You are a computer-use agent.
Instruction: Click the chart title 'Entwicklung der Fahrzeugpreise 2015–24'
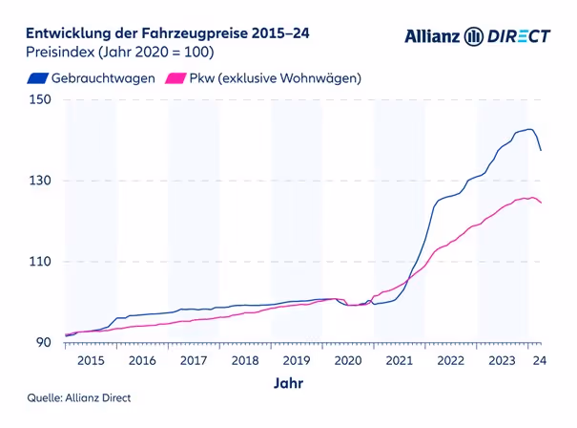click(167, 33)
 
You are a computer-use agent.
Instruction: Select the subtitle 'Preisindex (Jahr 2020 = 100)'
click(119, 52)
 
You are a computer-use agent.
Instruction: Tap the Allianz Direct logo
click(477, 36)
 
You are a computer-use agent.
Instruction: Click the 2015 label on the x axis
click(91, 360)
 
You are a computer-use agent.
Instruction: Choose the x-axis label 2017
click(194, 360)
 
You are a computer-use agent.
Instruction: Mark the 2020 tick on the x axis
click(347, 360)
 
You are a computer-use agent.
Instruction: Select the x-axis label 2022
click(450, 360)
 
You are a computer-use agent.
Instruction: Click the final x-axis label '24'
click(539, 360)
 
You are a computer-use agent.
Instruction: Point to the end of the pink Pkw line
click(542, 203)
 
